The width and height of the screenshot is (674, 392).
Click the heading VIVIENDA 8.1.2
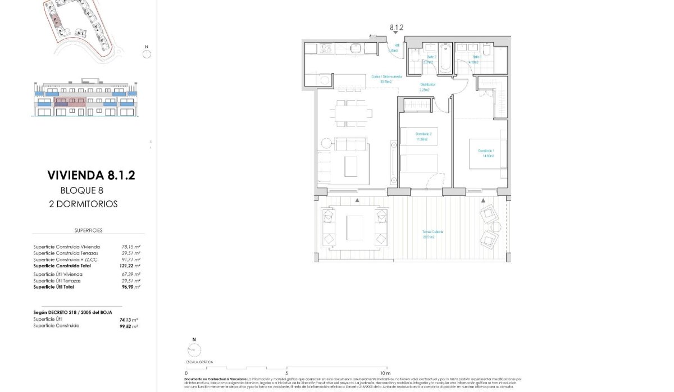pyautogui.click(x=92, y=175)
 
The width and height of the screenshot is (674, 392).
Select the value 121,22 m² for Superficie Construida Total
pyautogui.click(x=130, y=266)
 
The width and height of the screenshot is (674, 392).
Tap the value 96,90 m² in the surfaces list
pyautogui.click(x=130, y=286)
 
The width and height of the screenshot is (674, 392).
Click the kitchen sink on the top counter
pyautogui.click(x=356, y=49)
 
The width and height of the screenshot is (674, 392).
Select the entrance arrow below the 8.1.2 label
pyautogui.click(x=397, y=34)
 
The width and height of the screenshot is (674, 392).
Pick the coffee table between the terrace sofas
pyautogui.click(x=354, y=227)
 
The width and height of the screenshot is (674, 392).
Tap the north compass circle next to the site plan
pyautogui.click(x=147, y=54)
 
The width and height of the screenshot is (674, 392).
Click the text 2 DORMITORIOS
pyautogui.click(x=84, y=204)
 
